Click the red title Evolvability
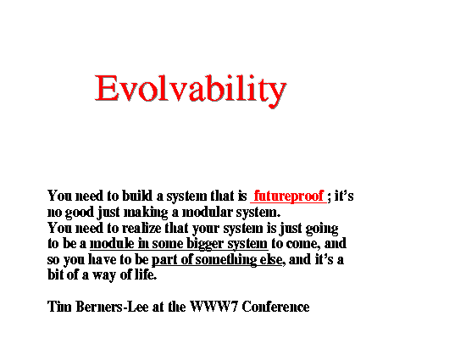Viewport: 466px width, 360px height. (191, 90)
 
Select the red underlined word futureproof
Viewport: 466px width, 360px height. (289, 196)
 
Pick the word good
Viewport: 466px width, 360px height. (79, 213)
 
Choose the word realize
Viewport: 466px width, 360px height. (141, 228)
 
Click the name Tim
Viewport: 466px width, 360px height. (59, 307)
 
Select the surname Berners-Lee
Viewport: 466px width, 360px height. (112, 307)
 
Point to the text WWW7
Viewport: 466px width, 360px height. (214, 307)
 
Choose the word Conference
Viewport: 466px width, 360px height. (275, 307)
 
